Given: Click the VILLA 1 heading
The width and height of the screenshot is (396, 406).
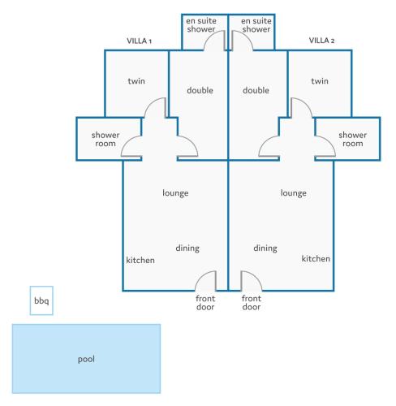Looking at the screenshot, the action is pyautogui.click(x=139, y=41).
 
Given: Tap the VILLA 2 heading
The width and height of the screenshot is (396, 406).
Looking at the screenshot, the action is pyautogui.click(x=321, y=41).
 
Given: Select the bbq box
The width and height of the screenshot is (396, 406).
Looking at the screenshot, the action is pyautogui.click(x=41, y=300).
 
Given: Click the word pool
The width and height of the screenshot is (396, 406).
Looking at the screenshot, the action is pyautogui.click(x=86, y=359).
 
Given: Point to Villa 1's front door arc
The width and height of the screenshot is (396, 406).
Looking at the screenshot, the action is pyautogui.click(x=201, y=277).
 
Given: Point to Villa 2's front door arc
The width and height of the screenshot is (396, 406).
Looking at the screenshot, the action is pyautogui.click(x=256, y=277).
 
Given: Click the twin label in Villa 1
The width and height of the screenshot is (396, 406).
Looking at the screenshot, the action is pyautogui.click(x=136, y=81).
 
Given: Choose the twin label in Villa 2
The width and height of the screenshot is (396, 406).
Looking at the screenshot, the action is pyautogui.click(x=320, y=81).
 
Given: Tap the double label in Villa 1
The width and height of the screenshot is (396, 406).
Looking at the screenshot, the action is pyautogui.click(x=200, y=90).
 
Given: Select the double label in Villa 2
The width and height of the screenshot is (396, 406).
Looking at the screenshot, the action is pyautogui.click(x=256, y=90).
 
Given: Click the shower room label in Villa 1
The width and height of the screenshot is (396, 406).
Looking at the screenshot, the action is pyautogui.click(x=105, y=139).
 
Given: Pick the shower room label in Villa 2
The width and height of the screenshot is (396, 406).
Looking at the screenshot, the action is pyautogui.click(x=353, y=139).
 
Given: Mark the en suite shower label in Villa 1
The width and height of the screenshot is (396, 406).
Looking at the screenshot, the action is pyautogui.click(x=201, y=25).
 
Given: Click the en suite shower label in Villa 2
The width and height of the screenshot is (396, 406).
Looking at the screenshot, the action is pyautogui.click(x=256, y=25).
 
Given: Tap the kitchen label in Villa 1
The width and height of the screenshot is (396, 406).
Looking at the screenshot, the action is pyautogui.click(x=140, y=260).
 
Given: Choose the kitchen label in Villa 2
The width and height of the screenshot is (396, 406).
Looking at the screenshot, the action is pyautogui.click(x=316, y=259).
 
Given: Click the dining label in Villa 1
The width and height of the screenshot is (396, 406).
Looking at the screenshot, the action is pyautogui.click(x=187, y=248).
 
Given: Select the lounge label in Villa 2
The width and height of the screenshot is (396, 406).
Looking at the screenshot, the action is pyautogui.click(x=294, y=193).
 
